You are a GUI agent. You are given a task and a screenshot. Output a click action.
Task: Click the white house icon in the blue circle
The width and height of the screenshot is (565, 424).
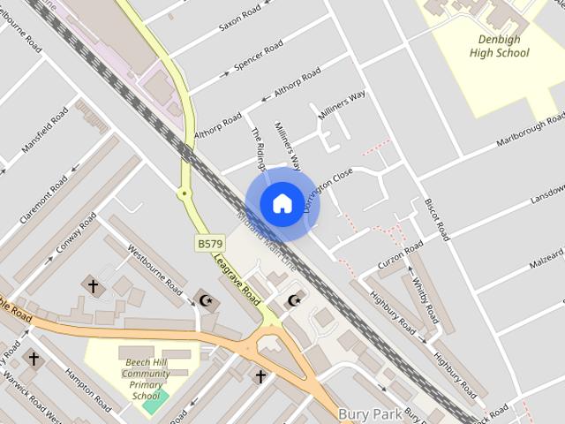point(282,203)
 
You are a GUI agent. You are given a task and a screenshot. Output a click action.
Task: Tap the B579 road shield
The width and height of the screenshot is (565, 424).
point(210,243)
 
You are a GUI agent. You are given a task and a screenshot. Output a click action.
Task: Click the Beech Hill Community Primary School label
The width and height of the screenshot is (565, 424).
point(147,380)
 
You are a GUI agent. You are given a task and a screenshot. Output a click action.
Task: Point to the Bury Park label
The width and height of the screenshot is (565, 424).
point(370,413)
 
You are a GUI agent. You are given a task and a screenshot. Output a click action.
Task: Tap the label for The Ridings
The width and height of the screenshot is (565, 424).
point(258,146)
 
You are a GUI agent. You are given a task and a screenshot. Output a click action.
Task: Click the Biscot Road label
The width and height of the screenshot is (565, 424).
point(437,218)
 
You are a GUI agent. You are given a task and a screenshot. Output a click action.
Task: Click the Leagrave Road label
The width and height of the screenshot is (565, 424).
point(237,283)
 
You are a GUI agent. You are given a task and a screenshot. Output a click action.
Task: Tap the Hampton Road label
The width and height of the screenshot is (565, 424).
point(87,390)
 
